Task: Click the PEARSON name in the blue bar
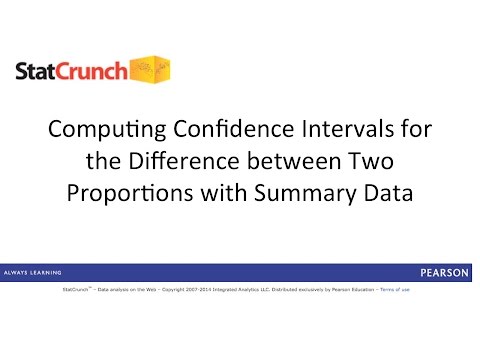(441, 272)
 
